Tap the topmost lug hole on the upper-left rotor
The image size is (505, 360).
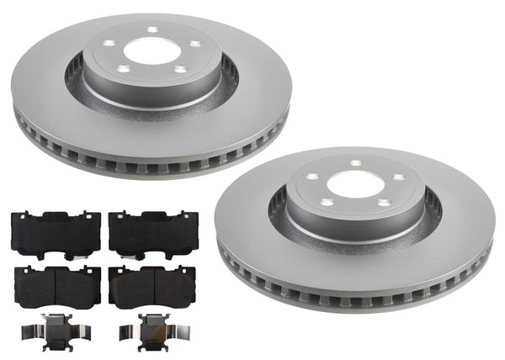coord(152,31)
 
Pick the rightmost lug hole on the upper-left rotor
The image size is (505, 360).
coord(194,45)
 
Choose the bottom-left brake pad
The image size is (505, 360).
coord(56,286)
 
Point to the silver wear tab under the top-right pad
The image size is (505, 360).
coord(139,256)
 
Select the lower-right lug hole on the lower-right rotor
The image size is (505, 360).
coord(383,203)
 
